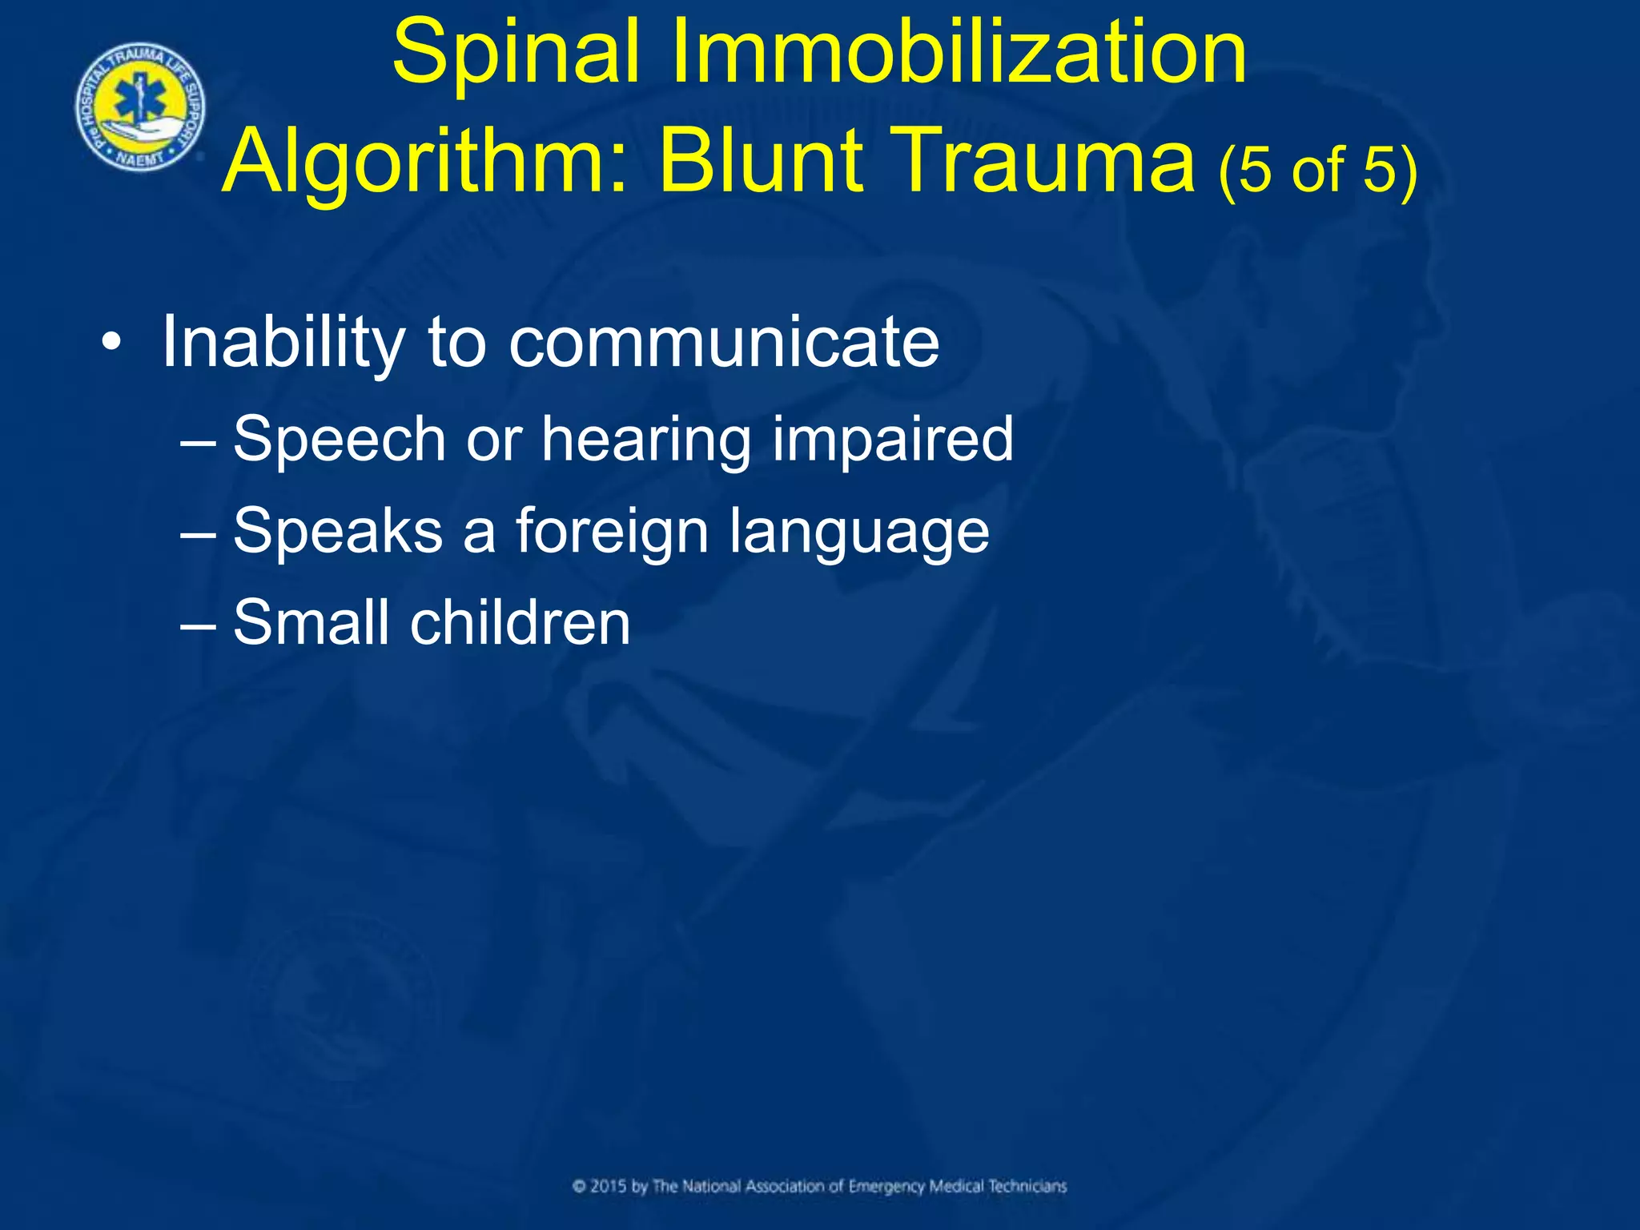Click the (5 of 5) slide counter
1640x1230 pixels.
[x=1317, y=170]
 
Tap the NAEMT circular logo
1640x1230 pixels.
[x=140, y=107]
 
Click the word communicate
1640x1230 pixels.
[x=724, y=343]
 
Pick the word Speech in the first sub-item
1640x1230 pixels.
[x=339, y=440]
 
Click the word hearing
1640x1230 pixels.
[x=646, y=440]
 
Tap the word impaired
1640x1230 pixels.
[x=893, y=440]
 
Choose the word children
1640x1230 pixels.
[x=521, y=622]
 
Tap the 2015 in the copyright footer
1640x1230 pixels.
[x=609, y=1186]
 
